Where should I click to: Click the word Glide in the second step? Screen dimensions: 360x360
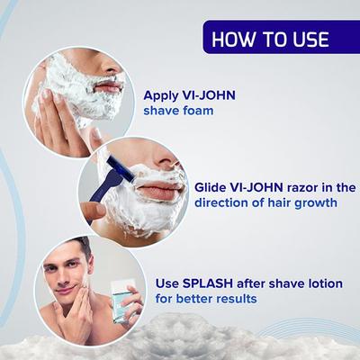(x=213, y=187)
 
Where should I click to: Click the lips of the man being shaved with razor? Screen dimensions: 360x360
(x=160, y=193)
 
